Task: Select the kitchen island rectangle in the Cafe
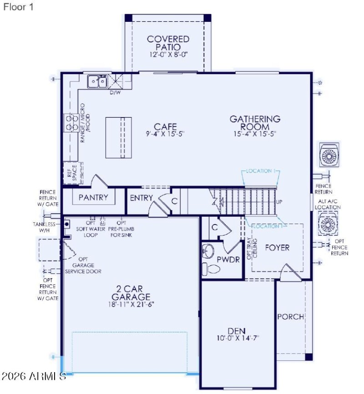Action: [119, 137]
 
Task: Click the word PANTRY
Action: [93, 197]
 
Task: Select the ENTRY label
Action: [142, 198]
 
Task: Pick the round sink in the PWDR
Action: [208, 251]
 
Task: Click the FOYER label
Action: [278, 248]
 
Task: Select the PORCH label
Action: [290, 317]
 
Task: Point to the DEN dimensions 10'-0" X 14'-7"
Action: [238, 338]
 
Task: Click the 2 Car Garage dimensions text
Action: [129, 305]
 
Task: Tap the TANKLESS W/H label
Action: [44, 227]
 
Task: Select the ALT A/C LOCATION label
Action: [330, 205]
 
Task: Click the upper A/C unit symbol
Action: [329, 155]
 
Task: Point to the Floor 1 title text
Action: [18, 7]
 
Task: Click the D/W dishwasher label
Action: [116, 92]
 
